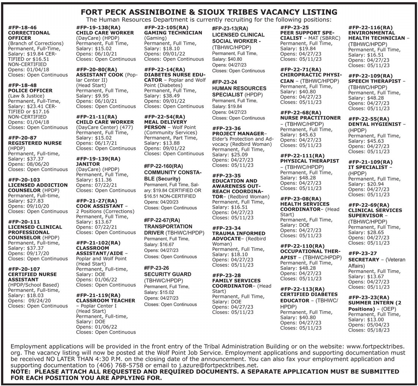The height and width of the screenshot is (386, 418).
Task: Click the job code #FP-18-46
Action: [22, 28]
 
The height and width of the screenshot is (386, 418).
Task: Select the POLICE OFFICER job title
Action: [30, 91]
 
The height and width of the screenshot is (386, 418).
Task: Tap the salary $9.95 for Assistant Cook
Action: [102, 96]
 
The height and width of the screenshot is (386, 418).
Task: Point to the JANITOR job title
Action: [88, 164]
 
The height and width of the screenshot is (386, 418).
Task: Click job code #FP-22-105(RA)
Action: [166, 28]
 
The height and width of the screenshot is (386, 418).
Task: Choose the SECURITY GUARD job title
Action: [167, 274]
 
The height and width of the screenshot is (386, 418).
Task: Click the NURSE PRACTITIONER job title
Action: [310, 118]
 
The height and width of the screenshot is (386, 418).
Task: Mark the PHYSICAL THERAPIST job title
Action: [309, 161]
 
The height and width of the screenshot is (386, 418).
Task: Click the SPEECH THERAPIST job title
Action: [374, 81]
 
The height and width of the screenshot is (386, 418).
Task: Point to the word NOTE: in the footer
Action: [21, 371]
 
